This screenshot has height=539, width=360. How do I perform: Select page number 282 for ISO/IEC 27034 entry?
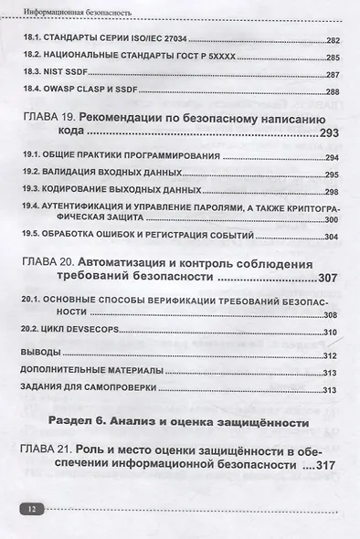tap(331, 43)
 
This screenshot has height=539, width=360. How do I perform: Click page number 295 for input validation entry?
tap(331, 174)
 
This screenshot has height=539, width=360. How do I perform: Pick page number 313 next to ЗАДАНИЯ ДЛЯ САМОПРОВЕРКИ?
tap(331, 387)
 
